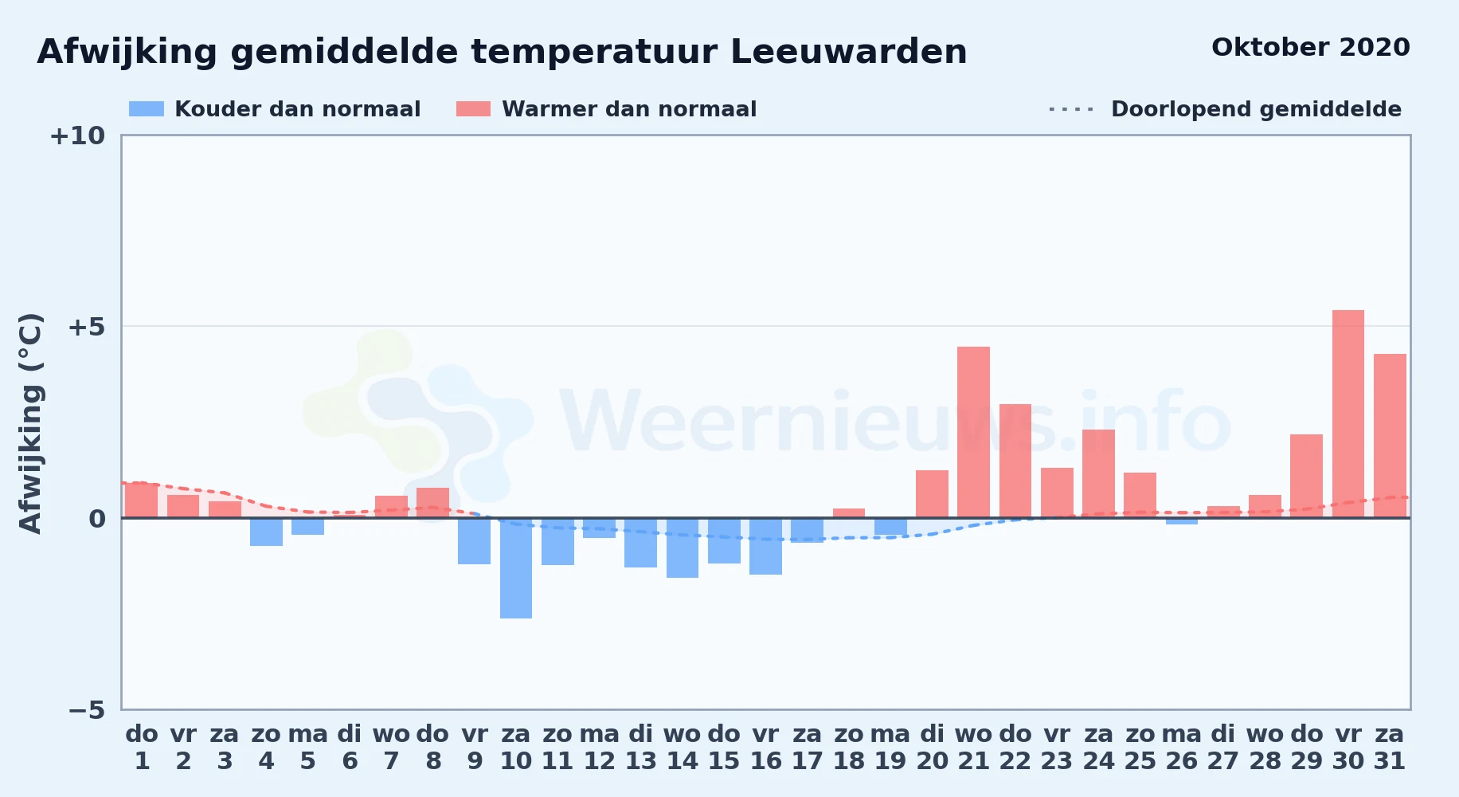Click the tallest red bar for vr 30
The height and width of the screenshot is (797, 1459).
[x=1348, y=414]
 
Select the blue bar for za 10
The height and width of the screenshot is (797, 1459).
[x=516, y=568]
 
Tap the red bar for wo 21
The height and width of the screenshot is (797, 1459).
[x=973, y=432]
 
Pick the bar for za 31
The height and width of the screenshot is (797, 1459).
[x=1390, y=436]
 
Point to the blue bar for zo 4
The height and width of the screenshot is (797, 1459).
[x=266, y=532]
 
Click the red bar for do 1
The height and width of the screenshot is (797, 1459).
[x=142, y=501]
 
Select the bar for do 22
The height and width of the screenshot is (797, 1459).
[x=1015, y=461]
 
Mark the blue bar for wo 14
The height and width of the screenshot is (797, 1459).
[x=683, y=548]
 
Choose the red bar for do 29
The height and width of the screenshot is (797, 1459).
[x=1306, y=476]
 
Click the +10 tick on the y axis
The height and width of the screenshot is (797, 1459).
[x=77, y=135]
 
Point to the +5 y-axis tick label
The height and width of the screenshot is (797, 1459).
[x=86, y=327]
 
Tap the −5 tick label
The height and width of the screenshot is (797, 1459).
[x=86, y=709]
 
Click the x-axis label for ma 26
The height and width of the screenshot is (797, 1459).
[x=1182, y=748]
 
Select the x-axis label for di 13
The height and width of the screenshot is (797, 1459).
[x=641, y=748]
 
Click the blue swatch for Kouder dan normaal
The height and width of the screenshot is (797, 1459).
[x=147, y=109]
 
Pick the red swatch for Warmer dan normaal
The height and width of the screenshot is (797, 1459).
[x=473, y=109]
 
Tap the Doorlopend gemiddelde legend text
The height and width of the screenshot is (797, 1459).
[x=1256, y=109]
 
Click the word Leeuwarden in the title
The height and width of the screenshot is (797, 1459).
[x=848, y=52]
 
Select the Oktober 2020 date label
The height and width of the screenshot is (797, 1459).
[x=1310, y=48]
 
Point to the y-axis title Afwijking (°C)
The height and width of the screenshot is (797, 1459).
[x=30, y=423]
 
